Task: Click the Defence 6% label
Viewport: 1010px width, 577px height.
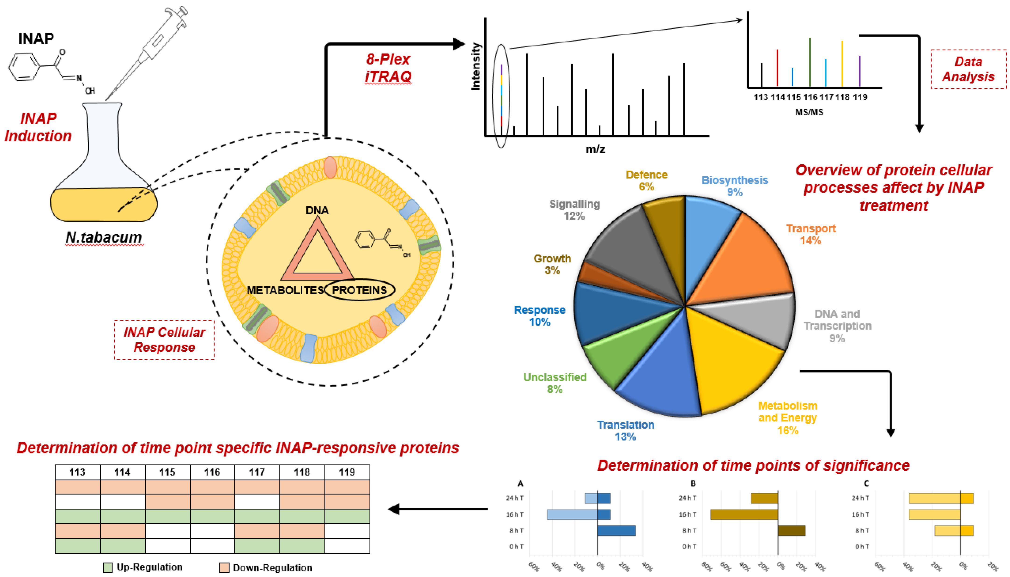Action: (646, 180)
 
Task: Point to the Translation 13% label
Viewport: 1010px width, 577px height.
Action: (625, 430)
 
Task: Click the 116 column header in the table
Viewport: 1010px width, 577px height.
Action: (212, 472)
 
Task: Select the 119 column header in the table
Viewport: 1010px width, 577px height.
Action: (347, 472)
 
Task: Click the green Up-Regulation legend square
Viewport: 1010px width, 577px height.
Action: (108, 567)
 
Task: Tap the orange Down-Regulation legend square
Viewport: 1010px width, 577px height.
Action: (224, 567)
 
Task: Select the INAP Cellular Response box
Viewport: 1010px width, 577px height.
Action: (164, 340)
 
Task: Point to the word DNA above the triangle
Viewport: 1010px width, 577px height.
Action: (317, 210)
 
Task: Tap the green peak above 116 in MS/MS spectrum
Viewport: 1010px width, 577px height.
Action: (810, 61)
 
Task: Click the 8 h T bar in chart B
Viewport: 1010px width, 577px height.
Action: (791, 530)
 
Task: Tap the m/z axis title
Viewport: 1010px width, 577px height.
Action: (595, 149)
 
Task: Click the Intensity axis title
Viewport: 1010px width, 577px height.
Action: (475, 67)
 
